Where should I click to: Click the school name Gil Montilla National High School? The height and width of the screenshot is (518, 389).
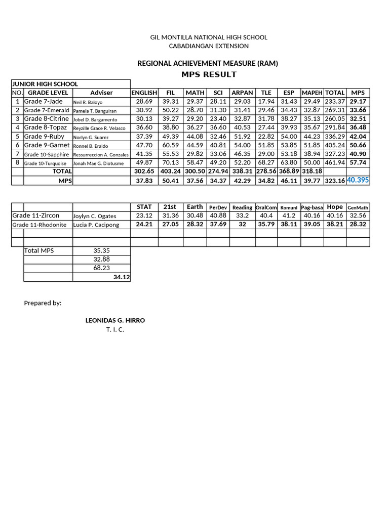pyautogui.click(x=209, y=37)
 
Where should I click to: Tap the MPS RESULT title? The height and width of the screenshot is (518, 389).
pyautogui.click(x=209, y=74)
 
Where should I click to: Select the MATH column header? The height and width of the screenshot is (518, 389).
pyautogui.click(x=194, y=93)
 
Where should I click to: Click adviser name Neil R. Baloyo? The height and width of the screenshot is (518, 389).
pyautogui.click(x=88, y=102)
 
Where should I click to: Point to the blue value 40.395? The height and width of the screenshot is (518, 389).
pyautogui.click(x=358, y=180)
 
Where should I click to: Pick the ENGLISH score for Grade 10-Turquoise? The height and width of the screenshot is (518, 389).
pyautogui.click(x=144, y=163)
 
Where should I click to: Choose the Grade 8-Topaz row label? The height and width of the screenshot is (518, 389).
pyautogui.click(x=46, y=127)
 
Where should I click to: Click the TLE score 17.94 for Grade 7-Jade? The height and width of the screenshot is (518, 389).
pyautogui.click(x=266, y=102)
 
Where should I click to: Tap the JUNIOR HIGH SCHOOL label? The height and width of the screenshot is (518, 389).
pyautogui.click(x=45, y=84)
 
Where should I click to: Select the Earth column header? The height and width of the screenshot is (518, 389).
pyautogui.click(x=194, y=207)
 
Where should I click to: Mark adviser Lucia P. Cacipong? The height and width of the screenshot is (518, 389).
pyautogui.click(x=96, y=225)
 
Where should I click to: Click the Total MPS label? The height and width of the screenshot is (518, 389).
pyautogui.click(x=40, y=250)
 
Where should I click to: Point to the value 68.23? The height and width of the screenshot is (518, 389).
pyautogui.click(x=101, y=268)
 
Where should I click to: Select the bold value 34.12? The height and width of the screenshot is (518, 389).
pyautogui.click(x=122, y=277)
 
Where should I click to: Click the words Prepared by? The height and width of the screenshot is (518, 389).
pyautogui.click(x=43, y=303)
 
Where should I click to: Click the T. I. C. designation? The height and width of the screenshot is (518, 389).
pyautogui.click(x=115, y=330)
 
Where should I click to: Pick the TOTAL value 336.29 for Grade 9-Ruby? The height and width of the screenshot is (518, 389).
pyautogui.click(x=335, y=137)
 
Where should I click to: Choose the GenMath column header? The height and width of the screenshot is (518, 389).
pyautogui.click(x=358, y=207)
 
